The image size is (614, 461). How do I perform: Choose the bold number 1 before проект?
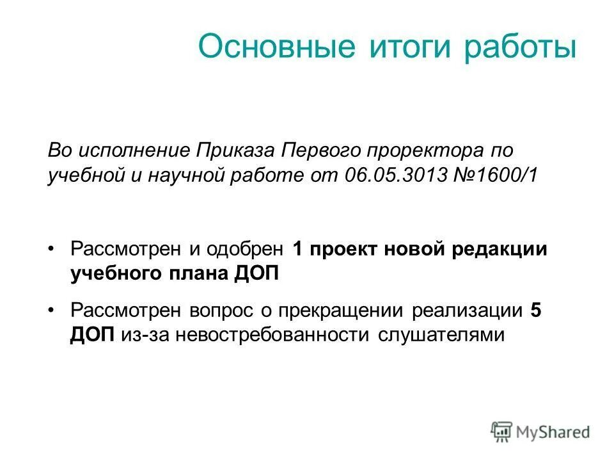(x=297, y=248)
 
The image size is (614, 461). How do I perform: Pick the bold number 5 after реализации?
(x=536, y=311)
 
